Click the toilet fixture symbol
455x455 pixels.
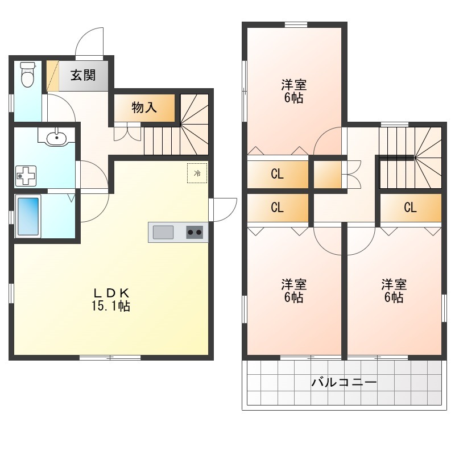[x=27, y=75]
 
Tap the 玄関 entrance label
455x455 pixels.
[x=83, y=76]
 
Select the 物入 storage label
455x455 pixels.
[x=144, y=107]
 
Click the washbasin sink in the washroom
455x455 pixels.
[x=56, y=137]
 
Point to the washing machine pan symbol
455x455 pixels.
[x=26, y=176]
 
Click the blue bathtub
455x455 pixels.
[x=28, y=216]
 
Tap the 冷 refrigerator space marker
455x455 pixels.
[x=197, y=173]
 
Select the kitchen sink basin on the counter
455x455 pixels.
[x=163, y=232]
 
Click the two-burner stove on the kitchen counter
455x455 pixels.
[x=195, y=232]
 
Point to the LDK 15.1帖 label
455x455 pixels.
[x=111, y=300]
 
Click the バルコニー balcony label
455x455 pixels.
[x=344, y=382]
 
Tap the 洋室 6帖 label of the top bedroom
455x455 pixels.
[x=293, y=92]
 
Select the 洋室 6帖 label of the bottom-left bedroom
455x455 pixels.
[x=293, y=291]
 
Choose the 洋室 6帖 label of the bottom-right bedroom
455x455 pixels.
[x=394, y=291]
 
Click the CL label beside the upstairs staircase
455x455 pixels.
[x=410, y=208]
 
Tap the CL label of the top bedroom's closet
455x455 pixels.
[x=277, y=174]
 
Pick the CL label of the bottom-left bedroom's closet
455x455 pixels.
[x=277, y=208]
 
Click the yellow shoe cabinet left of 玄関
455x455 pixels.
[x=53, y=76]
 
